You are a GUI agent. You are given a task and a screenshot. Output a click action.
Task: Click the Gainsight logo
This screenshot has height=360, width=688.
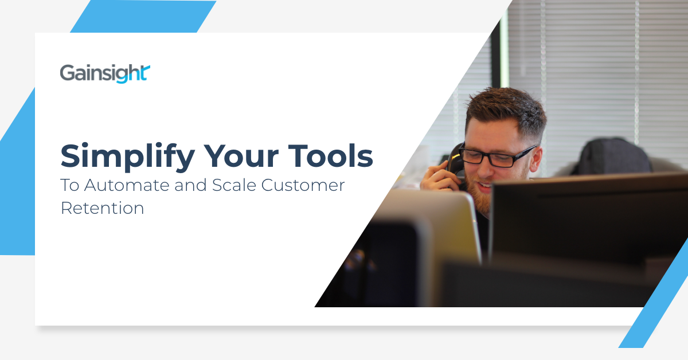(x=105, y=74)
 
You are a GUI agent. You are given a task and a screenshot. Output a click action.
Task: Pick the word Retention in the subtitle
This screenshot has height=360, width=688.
(x=102, y=208)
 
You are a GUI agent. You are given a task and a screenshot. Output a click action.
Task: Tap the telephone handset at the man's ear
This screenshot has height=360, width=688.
(x=456, y=163)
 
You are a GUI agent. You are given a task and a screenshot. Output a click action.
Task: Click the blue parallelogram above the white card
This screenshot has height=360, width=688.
(x=143, y=16)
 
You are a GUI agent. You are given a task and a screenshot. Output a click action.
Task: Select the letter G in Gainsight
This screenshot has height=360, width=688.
(x=68, y=73)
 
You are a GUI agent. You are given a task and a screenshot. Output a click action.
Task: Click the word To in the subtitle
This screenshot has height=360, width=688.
(x=69, y=187)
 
